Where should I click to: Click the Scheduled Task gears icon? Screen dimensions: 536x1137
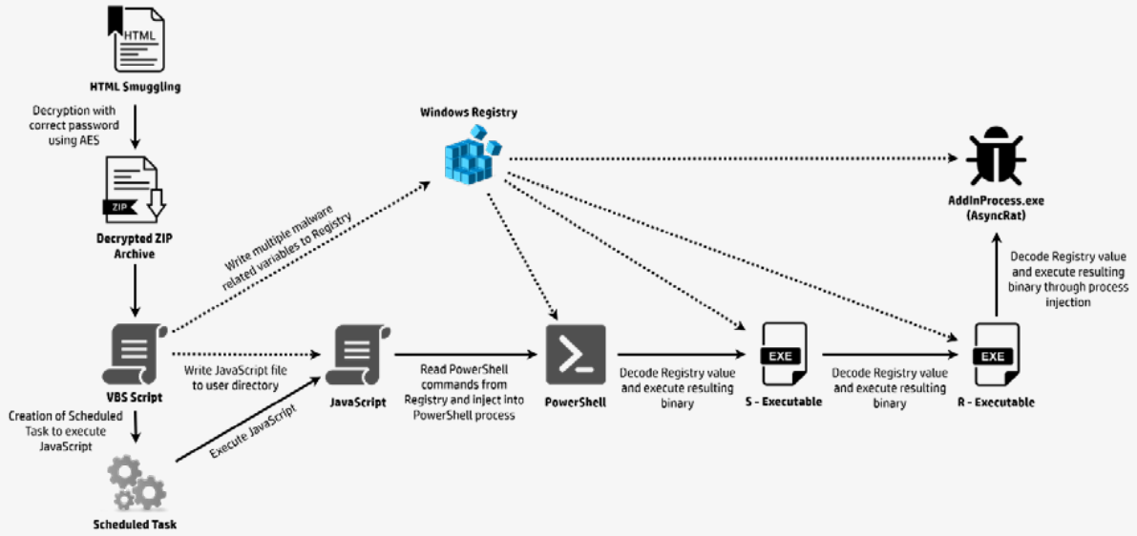click(x=137, y=484)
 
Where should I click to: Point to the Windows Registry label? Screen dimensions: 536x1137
click(x=469, y=113)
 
